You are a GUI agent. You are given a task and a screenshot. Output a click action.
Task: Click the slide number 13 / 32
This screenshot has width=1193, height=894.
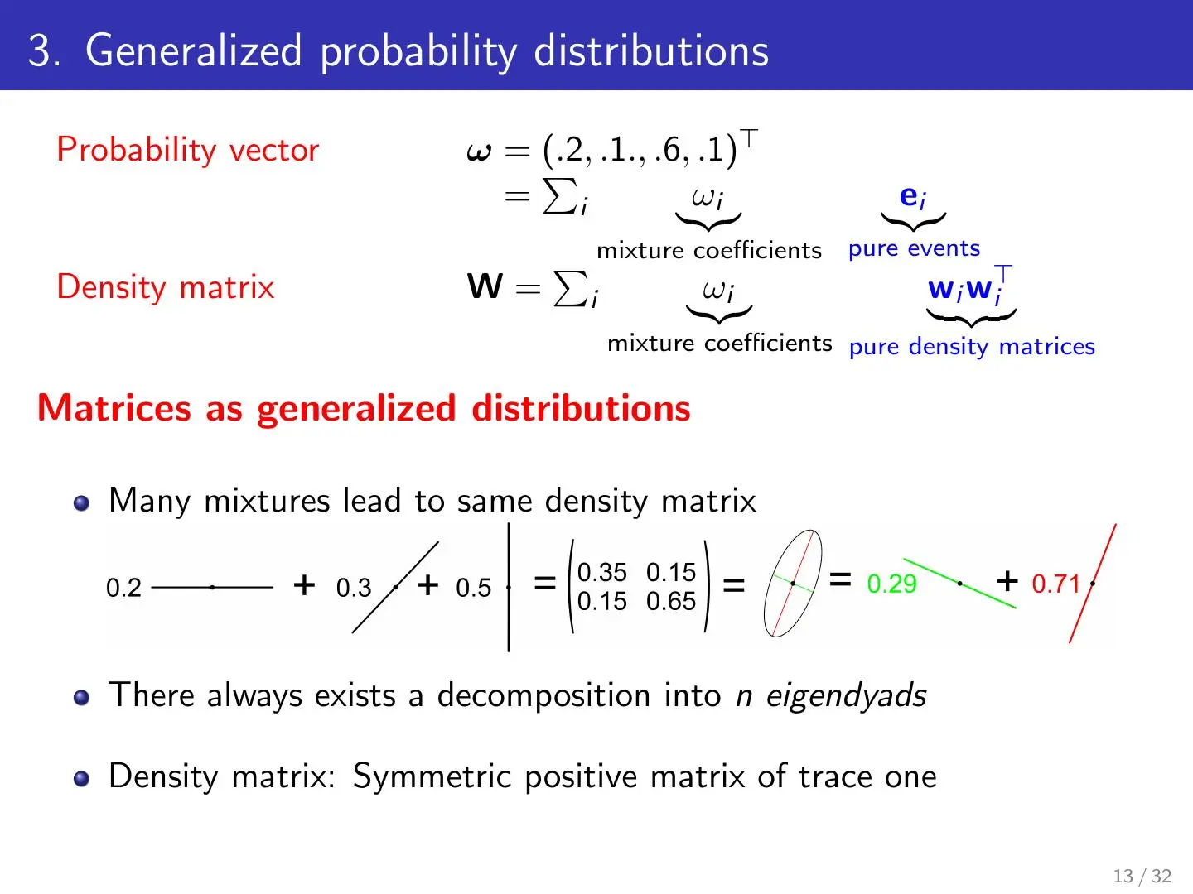pyautogui.click(x=1142, y=876)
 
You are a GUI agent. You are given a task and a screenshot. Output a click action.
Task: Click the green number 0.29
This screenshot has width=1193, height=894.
pyautogui.click(x=891, y=584)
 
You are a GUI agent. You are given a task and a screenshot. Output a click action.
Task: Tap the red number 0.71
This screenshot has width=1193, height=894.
pyautogui.click(x=1055, y=584)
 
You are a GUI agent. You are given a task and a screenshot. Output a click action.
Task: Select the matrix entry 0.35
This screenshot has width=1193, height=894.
pyautogui.click(x=601, y=572)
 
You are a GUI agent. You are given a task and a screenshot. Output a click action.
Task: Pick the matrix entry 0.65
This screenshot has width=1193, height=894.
pyautogui.click(x=671, y=602)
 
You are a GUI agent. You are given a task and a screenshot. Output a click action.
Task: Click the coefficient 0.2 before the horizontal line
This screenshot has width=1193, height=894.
pyautogui.click(x=123, y=588)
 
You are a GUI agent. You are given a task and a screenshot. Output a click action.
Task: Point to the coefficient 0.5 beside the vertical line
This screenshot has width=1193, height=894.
pyautogui.click(x=473, y=588)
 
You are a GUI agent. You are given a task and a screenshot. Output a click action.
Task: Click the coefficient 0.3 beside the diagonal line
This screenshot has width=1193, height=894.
pyautogui.click(x=353, y=588)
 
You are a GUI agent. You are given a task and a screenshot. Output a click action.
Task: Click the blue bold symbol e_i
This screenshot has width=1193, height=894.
pyautogui.click(x=912, y=196)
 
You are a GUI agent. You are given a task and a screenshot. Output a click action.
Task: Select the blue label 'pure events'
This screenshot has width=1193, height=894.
pyautogui.click(x=914, y=248)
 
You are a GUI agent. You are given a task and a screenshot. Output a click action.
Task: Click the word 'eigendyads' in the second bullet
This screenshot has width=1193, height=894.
pyautogui.click(x=846, y=695)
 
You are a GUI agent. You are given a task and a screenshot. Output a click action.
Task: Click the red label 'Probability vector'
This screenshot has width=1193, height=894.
pyautogui.click(x=187, y=150)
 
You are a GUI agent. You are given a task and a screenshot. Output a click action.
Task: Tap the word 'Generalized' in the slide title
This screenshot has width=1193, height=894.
pyautogui.click(x=194, y=50)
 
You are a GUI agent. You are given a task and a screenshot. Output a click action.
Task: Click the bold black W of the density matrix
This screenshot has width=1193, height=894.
pyautogui.click(x=485, y=286)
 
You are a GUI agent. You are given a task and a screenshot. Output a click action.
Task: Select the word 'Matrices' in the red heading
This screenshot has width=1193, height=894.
pyautogui.click(x=114, y=407)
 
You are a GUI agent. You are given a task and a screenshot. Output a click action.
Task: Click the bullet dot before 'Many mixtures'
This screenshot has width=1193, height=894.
pyautogui.click(x=81, y=502)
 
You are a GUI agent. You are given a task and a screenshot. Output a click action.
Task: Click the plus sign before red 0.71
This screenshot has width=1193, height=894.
pyautogui.click(x=1007, y=581)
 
